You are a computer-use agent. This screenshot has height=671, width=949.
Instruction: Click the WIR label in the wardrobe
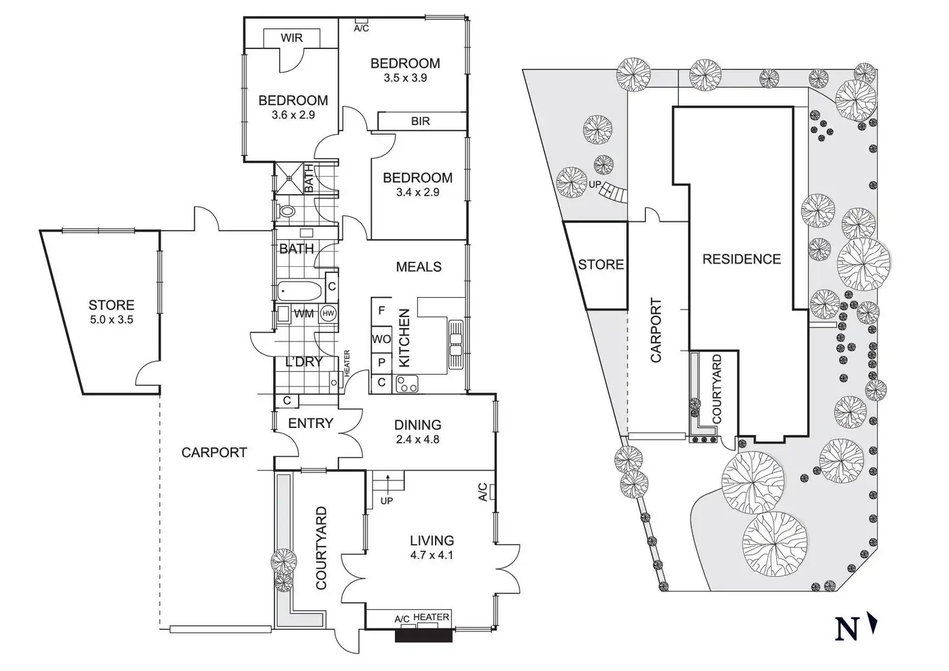(x=291, y=37)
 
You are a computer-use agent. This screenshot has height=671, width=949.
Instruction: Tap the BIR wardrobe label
(x=420, y=121)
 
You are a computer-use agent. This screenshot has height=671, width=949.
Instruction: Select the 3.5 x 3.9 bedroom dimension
(x=405, y=78)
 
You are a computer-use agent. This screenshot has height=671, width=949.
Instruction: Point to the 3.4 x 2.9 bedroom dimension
(x=417, y=192)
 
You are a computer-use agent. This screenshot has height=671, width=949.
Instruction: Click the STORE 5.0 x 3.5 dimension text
(x=112, y=319)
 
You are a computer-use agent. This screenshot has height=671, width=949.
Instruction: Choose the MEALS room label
(x=418, y=266)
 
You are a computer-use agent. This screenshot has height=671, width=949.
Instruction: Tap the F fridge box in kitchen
(x=381, y=311)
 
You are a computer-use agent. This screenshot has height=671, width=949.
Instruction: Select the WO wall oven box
(x=381, y=339)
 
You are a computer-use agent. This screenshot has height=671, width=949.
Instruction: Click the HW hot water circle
(x=328, y=313)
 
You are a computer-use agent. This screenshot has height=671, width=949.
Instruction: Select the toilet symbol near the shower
(x=286, y=210)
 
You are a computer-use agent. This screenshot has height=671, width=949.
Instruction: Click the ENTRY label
(x=310, y=423)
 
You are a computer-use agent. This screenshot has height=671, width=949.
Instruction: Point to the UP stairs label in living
(x=387, y=500)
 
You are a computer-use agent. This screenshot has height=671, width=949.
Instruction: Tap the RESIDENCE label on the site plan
(x=741, y=259)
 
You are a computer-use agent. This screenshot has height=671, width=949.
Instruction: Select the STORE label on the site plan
(x=600, y=264)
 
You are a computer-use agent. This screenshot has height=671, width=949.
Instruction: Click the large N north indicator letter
(x=846, y=628)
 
